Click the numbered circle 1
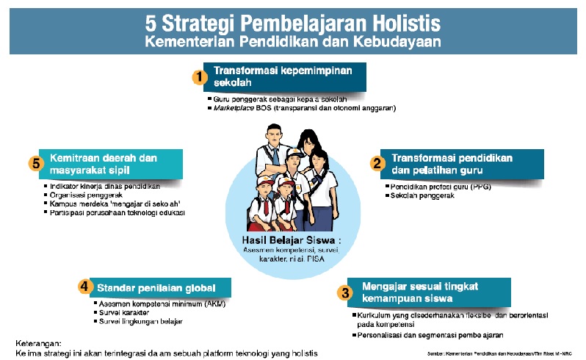[x=197, y=76]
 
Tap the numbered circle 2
[x=377, y=164]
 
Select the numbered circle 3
[x=345, y=292]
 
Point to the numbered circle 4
[x=84, y=287]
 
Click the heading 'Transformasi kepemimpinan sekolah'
[x=283, y=76]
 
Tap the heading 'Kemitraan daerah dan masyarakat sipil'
[x=110, y=163]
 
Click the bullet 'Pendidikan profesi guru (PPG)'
[x=441, y=187]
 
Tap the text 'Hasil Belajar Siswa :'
[x=292, y=240]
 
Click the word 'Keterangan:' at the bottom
[x=40, y=342]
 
